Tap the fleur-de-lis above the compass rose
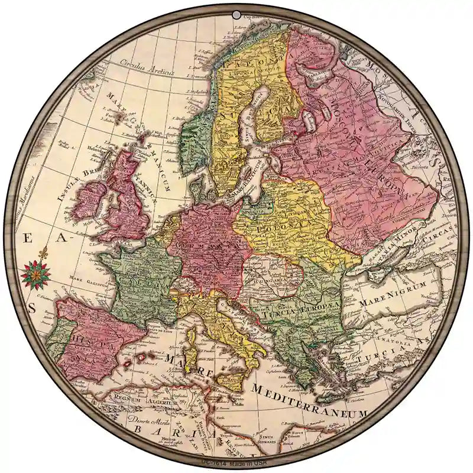click(x=42, y=255)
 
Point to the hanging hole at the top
click(x=237, y=14)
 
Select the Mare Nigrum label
click(x=400, y=288)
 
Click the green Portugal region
click(x=55, y=344)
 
